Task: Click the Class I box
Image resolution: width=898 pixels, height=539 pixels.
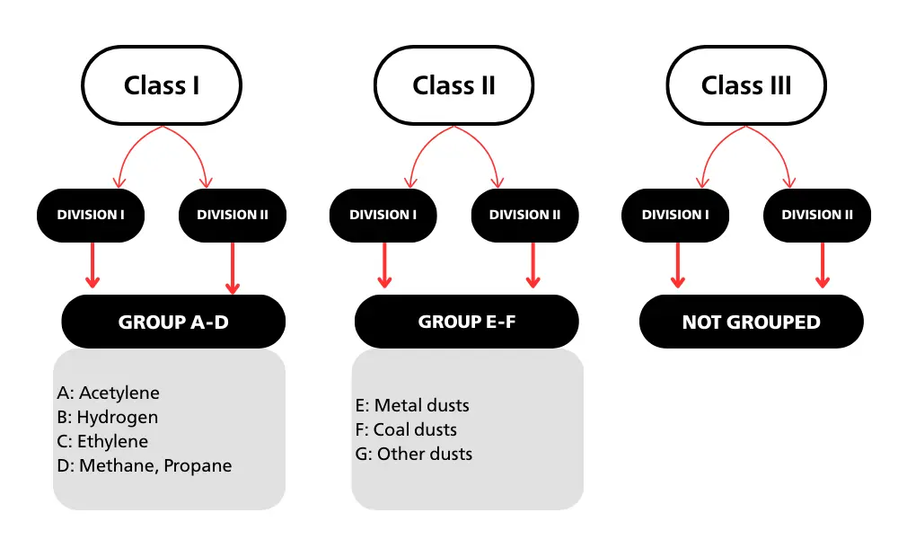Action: click(162, 86)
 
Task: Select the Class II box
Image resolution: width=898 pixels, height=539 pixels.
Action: click(453, 86)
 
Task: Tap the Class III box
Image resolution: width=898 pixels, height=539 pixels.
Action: click(746, 86)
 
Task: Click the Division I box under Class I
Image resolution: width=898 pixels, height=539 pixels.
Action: click(91, 215)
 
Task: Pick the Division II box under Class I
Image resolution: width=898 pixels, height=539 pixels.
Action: click(233, 215)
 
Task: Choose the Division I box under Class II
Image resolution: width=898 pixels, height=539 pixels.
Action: click(383, 215)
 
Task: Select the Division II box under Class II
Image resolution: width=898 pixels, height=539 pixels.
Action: click(525, 215)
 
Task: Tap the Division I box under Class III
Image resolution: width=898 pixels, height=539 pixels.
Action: click(675, 215)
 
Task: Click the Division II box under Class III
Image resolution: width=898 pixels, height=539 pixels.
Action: click(817, 215)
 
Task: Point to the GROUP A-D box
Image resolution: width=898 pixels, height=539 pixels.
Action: click(173, 322)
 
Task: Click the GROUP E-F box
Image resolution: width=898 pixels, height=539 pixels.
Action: click(467, 322)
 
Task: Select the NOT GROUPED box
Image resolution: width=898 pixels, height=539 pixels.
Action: click(752, 322)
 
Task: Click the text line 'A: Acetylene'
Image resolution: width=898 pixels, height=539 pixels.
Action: click(108, 393)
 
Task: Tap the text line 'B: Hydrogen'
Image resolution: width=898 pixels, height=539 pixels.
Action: click(107, 417)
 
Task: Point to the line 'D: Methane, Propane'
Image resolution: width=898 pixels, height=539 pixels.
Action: click(144, 465)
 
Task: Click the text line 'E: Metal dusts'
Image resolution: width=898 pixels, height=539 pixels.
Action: click(412, 405)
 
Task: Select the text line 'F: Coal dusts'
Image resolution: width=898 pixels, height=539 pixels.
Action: click(406, 429)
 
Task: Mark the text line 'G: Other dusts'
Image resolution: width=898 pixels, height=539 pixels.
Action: click(413, 454)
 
